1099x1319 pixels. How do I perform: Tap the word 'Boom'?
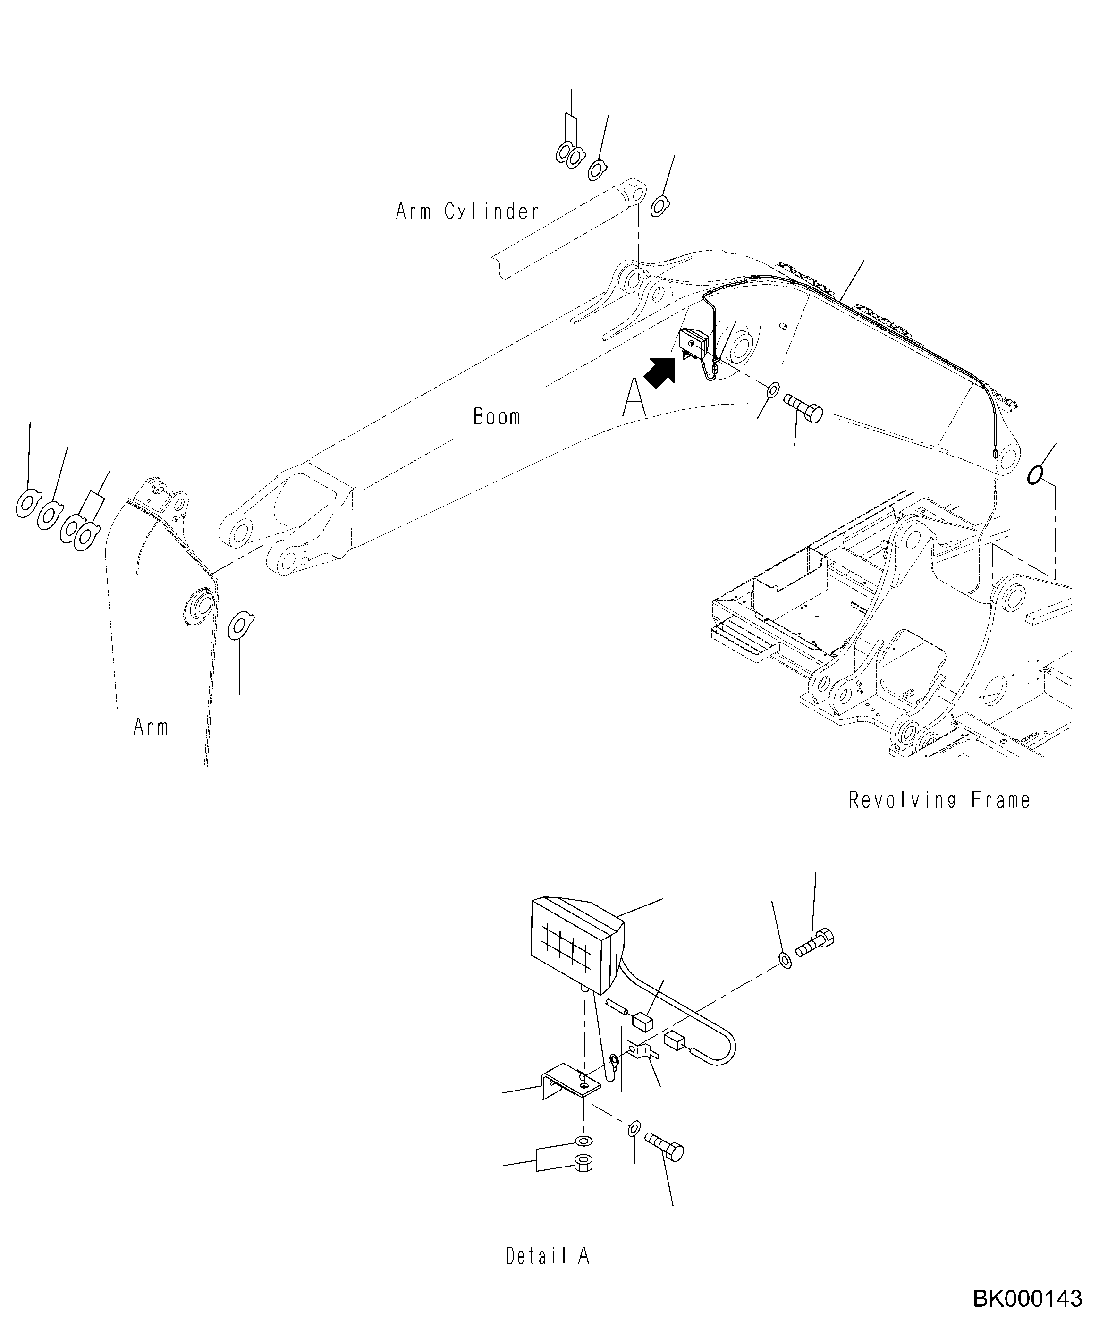[x=496, y=417]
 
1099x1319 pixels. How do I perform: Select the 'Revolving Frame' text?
[x=939, y=800]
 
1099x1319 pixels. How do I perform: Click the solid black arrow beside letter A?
[x=660, y=373]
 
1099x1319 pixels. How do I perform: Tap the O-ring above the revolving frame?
[x=1034, y=475]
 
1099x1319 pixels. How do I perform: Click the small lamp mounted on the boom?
[x=694, y=344]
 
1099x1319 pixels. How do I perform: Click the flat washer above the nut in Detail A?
[x=583, y=1141]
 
